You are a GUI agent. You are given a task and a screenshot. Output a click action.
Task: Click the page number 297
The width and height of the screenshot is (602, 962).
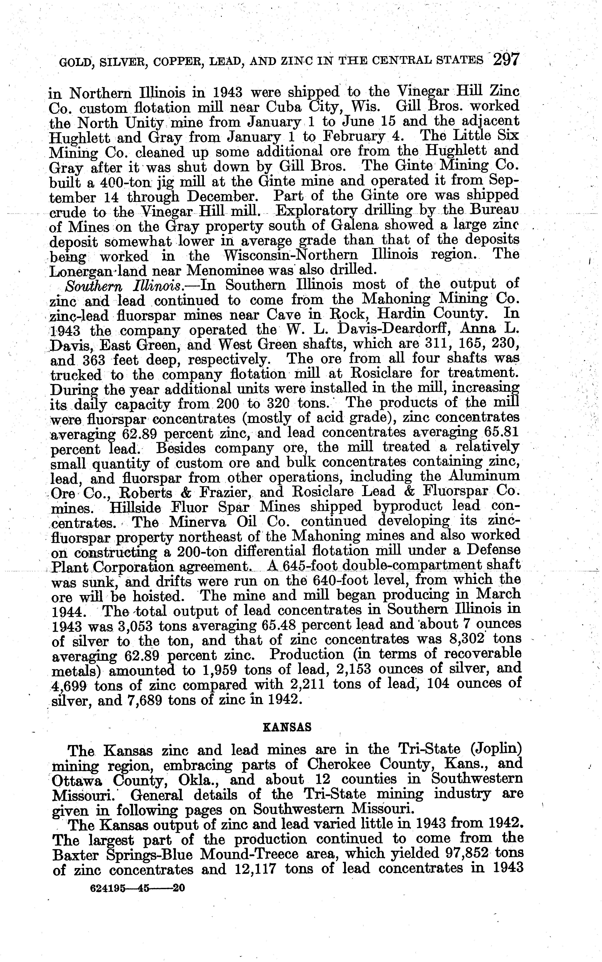[x=506, y=60]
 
